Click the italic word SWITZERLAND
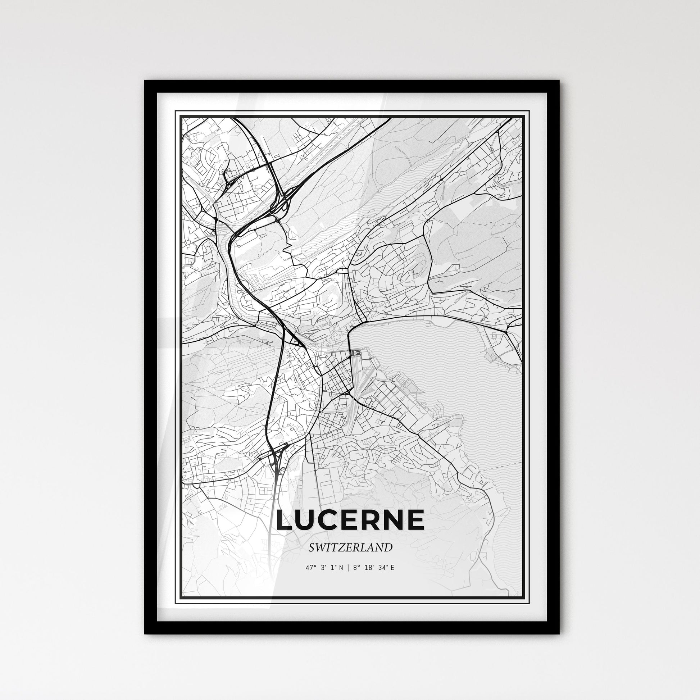click(x=350, y=548)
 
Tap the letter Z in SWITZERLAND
click(x=345, y=548)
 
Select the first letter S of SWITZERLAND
click(x=312, y=548)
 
